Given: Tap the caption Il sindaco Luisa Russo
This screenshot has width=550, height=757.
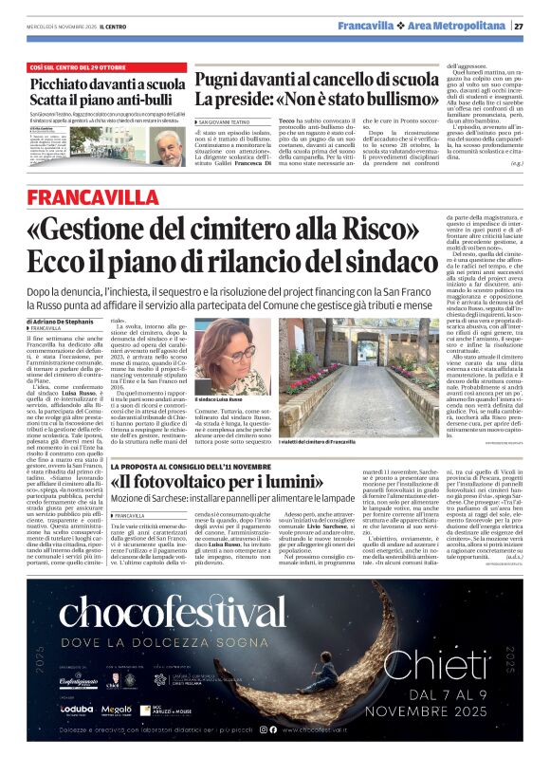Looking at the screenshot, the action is point(221,400).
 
